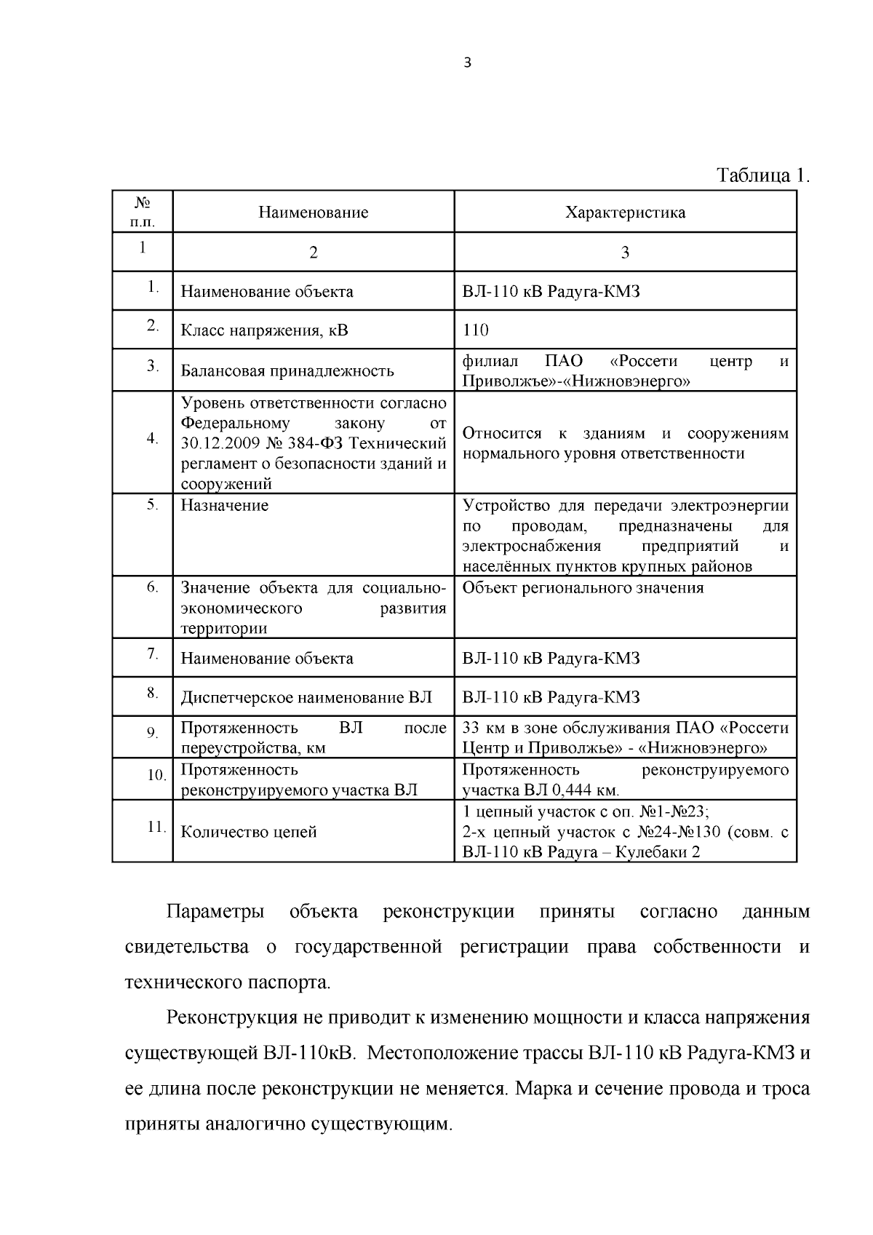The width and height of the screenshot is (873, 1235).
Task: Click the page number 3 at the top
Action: click(x=467, y=63)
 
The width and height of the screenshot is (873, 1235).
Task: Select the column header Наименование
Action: click(x=314, y=213)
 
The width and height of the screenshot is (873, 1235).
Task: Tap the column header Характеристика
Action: click(x=625, y=213)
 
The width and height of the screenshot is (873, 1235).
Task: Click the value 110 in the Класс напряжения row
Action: click(x=476, y=330)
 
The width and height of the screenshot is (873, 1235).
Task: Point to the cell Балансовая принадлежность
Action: click(x=287, y=371)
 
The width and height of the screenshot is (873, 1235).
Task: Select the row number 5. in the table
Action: click(x=152, y=504)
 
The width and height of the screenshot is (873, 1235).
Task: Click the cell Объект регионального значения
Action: click(x=583, y=588)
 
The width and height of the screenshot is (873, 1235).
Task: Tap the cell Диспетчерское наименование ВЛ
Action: click(x=306, y=698)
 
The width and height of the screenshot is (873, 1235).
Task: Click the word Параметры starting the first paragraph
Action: click(x=215, y=913)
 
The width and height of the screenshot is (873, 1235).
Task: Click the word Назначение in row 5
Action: click(x=224, y=506)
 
